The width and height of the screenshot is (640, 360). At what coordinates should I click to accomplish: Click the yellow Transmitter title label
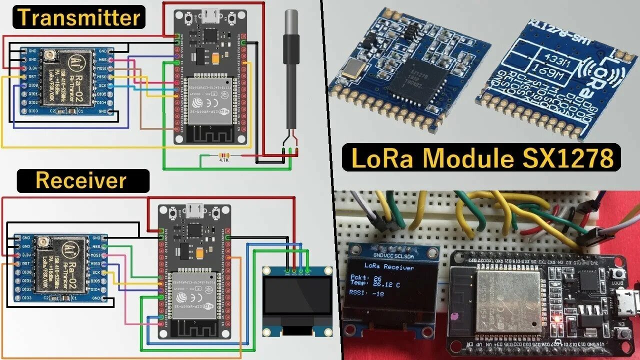click(79, 18)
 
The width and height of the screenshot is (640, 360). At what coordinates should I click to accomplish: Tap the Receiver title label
click(82, 180)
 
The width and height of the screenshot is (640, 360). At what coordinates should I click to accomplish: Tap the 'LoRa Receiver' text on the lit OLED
click(389, 267)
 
